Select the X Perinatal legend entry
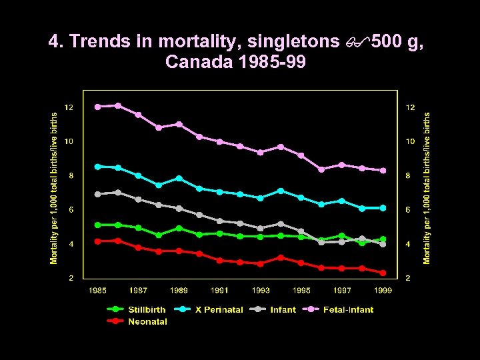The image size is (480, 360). pos(209,309)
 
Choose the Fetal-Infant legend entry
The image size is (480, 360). pos(340,309)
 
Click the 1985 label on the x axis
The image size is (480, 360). pos(97,290)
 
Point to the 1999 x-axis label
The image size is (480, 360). pos(383,290)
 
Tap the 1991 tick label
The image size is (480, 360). pos(219,290)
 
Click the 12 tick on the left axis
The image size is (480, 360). pos(69,107)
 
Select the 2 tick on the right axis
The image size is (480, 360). pos(411,278)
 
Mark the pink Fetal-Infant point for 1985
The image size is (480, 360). pos(97,107)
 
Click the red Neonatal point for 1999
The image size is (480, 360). pos(383,273)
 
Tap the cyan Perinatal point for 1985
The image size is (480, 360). pos(97,166)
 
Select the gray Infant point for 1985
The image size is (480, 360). pos(97,194)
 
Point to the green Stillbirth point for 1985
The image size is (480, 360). pos(97,225)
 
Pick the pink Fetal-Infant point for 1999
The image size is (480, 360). pos(383,171)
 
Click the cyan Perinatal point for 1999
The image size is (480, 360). pos(383,208)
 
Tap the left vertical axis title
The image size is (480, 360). pos(55,187)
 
